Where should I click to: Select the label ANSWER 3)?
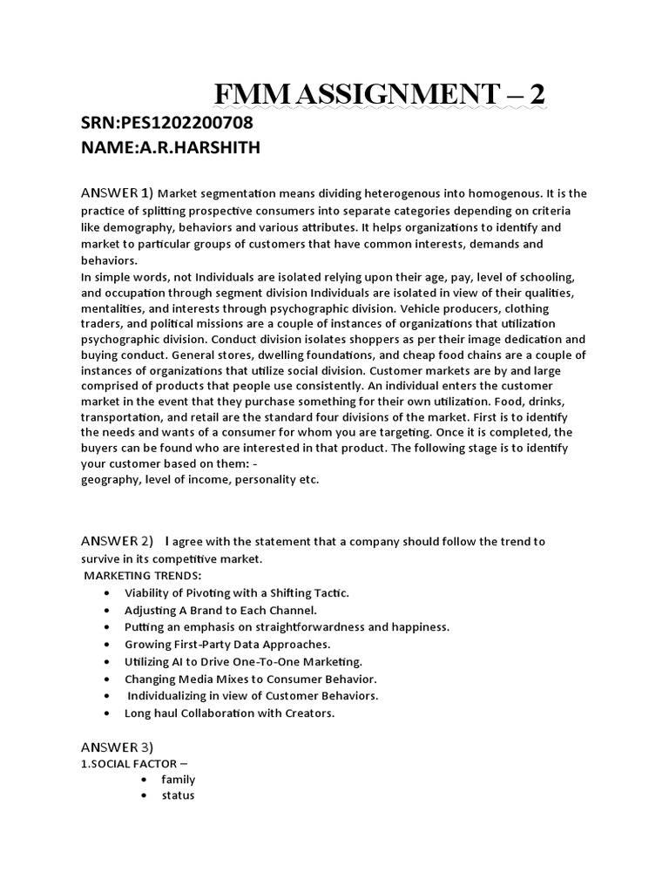(118, 747)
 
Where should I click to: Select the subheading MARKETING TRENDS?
(143, 576)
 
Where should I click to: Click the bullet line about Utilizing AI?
(243, 662)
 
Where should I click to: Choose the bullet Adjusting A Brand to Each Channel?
(221, 610)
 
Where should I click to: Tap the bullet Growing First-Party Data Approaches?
(227, 645)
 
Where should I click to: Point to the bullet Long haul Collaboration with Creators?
(230, 713)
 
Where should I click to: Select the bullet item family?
(178, 780)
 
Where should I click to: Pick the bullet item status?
(178, 796)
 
